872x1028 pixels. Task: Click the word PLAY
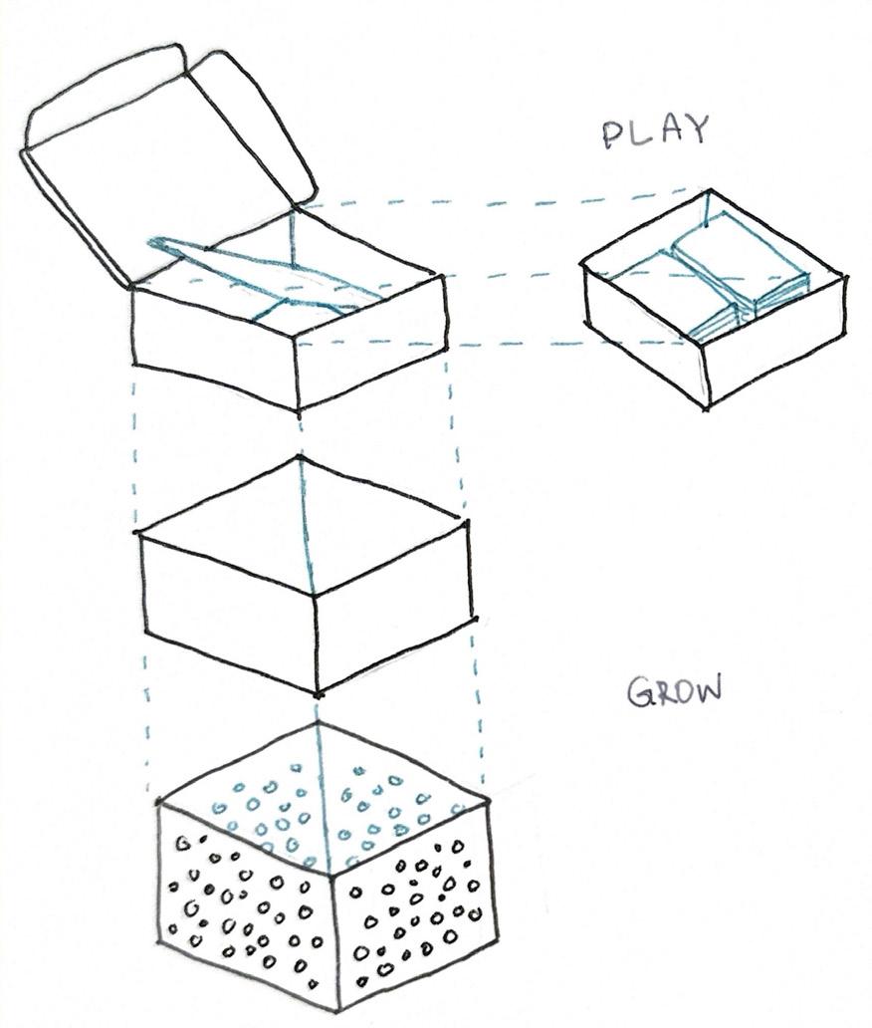(655, 131)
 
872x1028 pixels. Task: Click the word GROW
(674, 691)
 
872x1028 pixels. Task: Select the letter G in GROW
(639, 693)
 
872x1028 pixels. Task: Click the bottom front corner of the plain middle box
(318, 693)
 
